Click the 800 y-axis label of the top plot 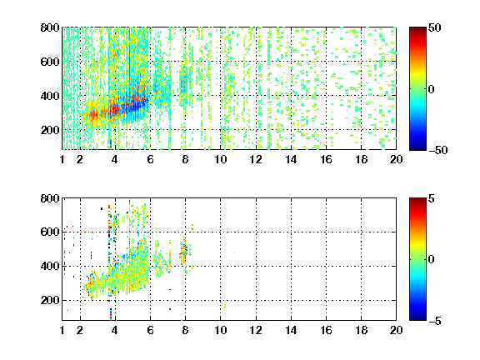(50, 27)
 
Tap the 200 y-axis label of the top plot (50, 130)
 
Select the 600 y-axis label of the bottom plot (50, 232)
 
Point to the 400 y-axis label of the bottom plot (50, 266)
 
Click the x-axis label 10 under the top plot (220, 159)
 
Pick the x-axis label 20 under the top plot (396, 159)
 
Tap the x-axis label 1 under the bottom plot (62, 330)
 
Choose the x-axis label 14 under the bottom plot (291, 330)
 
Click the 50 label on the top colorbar (435, 27)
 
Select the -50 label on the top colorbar (438, 150)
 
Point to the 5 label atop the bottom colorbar (432, 198)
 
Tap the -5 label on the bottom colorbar (435, 321)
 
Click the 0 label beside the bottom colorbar (432, 260)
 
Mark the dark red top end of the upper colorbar (417, 29)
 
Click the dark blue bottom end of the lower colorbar (417, 318)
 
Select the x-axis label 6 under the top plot (150, 159)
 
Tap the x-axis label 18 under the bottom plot (361, 330)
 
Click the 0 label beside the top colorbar (432, 89)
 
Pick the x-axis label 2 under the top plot (80, 159)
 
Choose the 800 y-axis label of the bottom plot (50, 198)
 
